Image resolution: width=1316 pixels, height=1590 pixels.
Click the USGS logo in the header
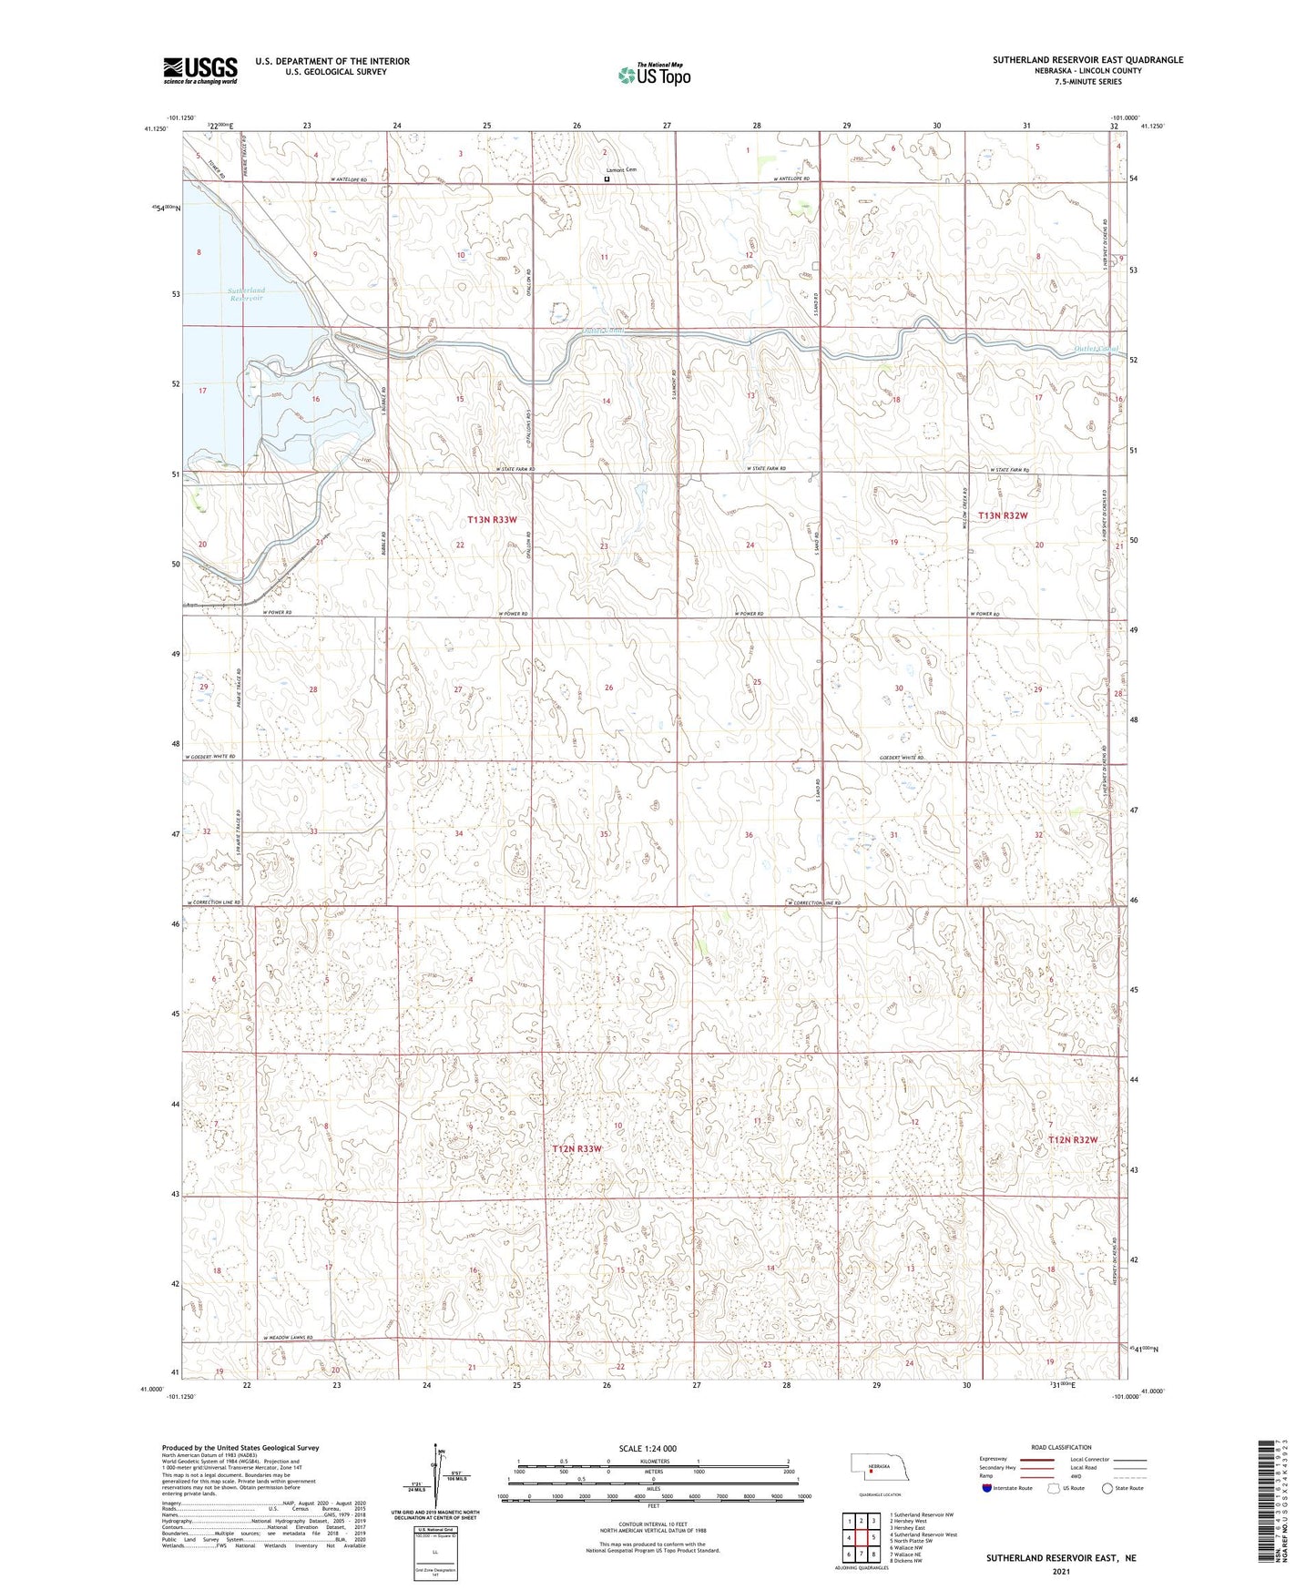199,70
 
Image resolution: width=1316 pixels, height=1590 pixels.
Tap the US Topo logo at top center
654,74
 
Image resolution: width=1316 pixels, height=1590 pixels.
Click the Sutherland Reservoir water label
246,294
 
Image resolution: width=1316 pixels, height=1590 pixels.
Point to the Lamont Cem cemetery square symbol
607,180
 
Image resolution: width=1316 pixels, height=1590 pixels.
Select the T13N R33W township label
492,519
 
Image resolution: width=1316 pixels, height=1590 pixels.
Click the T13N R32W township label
1002,515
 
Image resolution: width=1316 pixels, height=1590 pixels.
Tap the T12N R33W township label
576,1149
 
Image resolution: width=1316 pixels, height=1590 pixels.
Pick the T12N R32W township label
1072,1139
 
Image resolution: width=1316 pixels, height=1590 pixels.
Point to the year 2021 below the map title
1060,1571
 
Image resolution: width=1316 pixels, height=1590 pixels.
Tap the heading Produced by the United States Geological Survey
240,1448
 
